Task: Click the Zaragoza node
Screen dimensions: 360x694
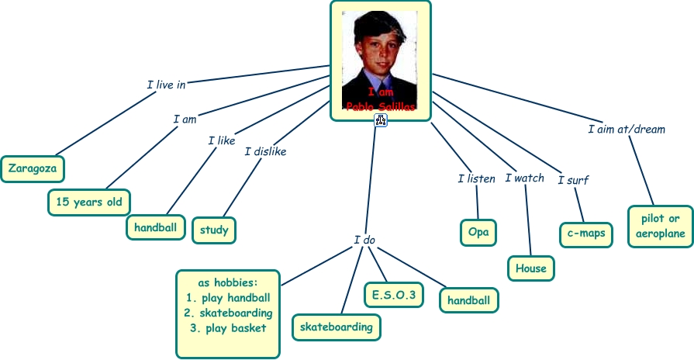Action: (x=33, y=168)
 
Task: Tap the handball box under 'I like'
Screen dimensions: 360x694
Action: (x=155, y=227)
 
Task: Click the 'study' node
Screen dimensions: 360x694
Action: (x=213, y=229)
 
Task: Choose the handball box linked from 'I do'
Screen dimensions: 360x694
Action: (x=468, y=300)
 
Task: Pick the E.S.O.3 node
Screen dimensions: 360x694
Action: (x=394, y=295)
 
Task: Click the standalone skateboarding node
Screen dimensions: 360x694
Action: (x=337, y=327)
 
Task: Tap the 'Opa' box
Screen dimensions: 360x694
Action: (x=478, y=231)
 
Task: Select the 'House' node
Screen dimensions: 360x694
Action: (x=531, y=268)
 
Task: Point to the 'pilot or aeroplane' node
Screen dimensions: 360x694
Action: (x=660, y=226)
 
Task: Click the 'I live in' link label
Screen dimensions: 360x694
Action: (x=166, y=84)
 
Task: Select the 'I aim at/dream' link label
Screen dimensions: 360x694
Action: (x=627, y=129)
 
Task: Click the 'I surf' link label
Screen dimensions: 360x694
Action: (x=573, y=180)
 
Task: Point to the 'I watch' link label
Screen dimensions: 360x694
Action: (x=525, y=178)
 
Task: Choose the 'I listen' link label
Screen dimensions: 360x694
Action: (x=476, y=178)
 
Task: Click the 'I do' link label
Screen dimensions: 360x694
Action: (x=364, y=240)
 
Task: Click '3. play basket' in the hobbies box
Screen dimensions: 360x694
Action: (x=228, y=327)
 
